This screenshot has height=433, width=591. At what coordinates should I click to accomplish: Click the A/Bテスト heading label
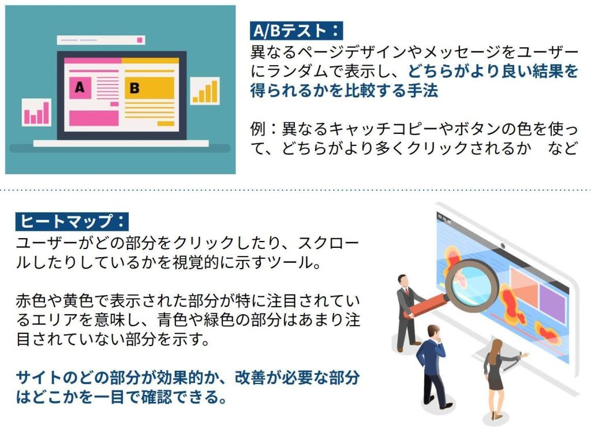pos(296,31)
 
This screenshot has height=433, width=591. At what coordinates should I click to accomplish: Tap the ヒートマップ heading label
pos(72,221)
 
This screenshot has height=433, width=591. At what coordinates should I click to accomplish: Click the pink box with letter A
pos(80,88)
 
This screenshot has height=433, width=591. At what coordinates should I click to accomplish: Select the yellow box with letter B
pos(149,88)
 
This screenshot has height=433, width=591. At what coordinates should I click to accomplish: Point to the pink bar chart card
pos(36,112)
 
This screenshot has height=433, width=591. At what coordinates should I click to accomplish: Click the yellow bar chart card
pos(205,91)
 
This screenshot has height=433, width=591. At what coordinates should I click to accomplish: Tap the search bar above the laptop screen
pos(101,40)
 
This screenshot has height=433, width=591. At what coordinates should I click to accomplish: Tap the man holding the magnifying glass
pos(409,312)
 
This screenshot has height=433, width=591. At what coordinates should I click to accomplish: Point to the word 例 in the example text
pos(258,129)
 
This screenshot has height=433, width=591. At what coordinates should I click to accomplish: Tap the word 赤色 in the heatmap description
pos(31,300)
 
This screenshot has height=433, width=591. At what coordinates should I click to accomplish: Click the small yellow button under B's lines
pos(166,123)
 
